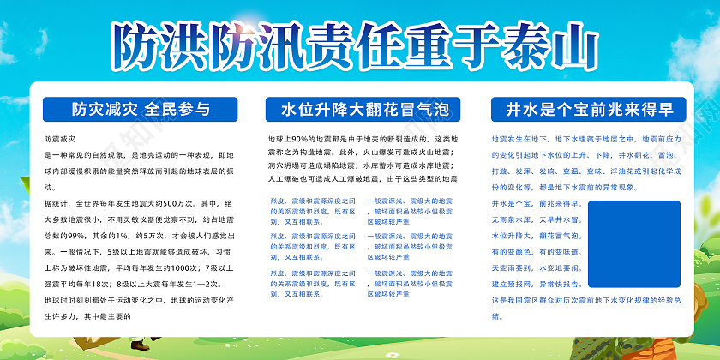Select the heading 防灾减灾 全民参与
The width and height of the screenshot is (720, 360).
point(141,109)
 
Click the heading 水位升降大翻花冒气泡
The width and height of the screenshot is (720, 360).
point(358,110)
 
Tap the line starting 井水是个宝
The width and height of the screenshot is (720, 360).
point(537,204)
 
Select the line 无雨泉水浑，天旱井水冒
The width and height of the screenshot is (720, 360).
point(537,219)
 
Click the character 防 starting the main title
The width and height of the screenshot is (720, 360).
point(140,41)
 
